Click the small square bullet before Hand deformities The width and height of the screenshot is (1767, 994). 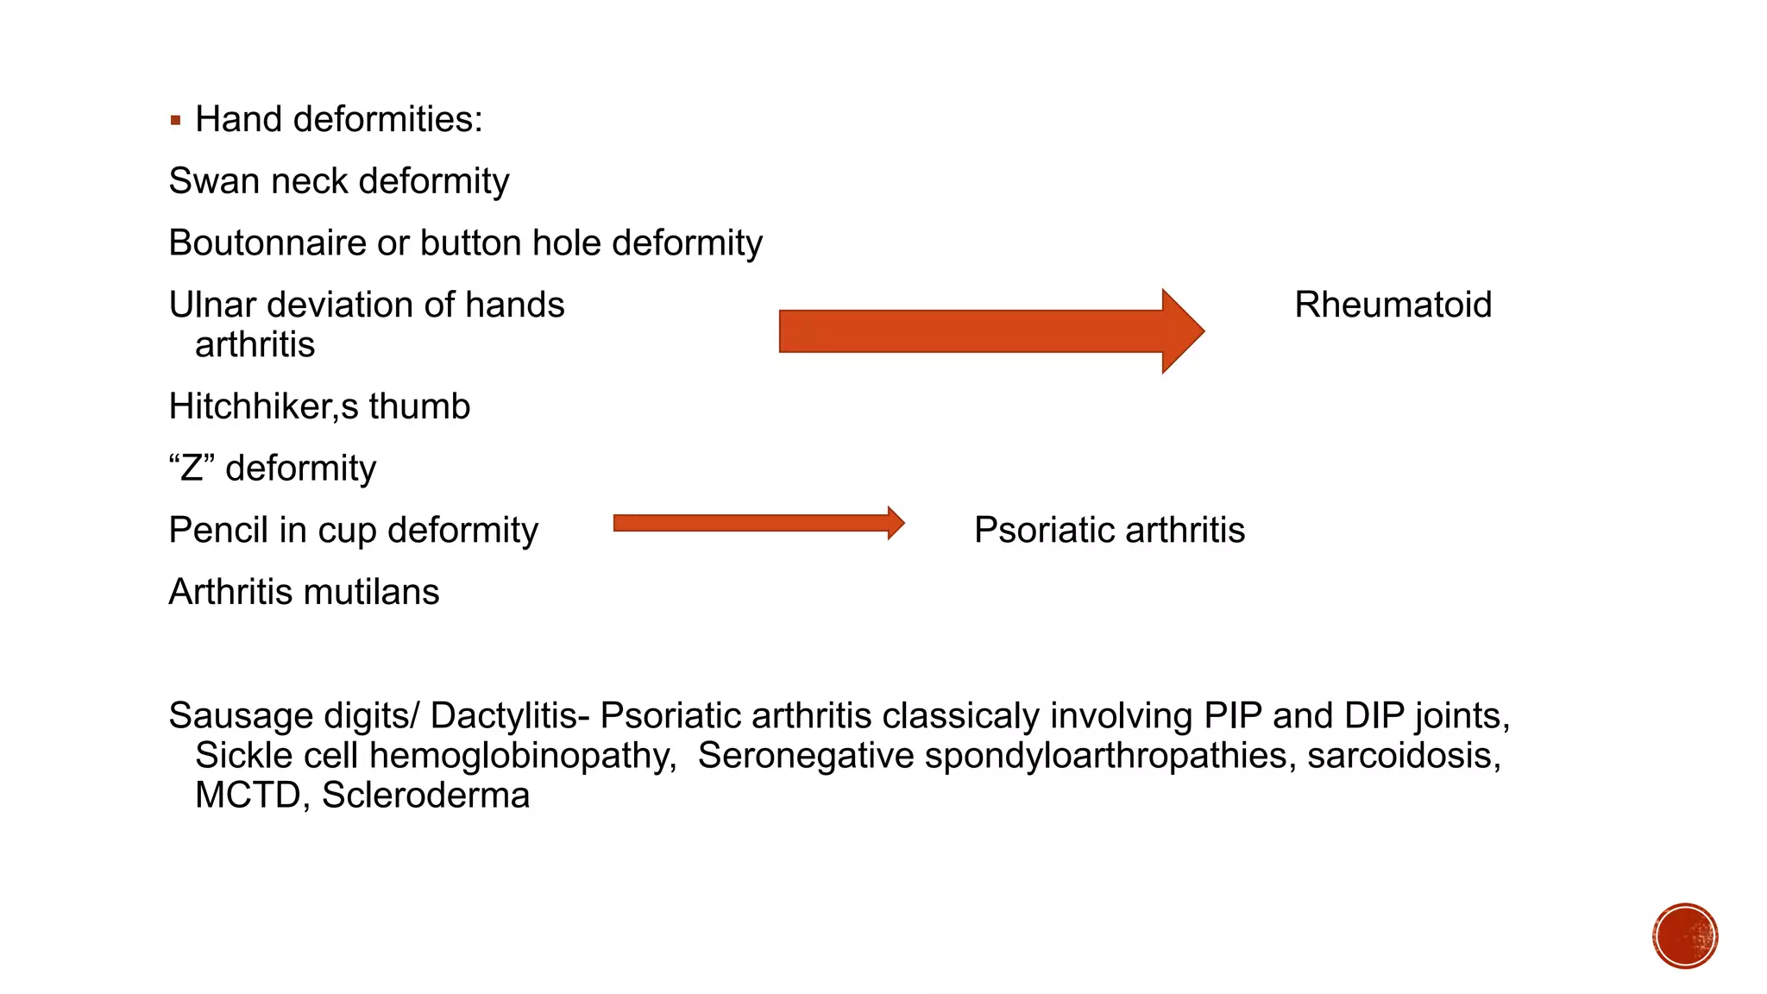(x=176, y=121)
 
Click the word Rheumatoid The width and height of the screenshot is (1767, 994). (x=1393, y=305)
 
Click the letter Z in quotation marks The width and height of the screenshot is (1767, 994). (x=192, y=469)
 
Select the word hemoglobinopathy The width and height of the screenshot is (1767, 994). (x=523, y=756)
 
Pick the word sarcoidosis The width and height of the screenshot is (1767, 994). (x=1403, y=756)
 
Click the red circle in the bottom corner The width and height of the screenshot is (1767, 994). (x=1685, y=936)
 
